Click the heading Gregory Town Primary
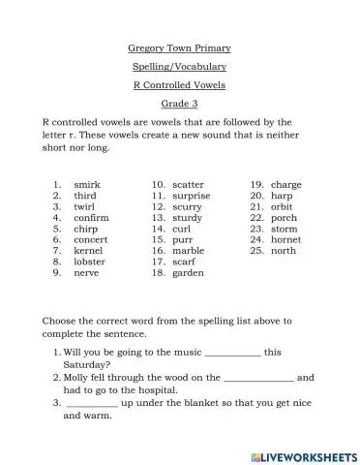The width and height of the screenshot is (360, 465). [179, 47]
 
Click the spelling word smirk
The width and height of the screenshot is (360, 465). [87, 184]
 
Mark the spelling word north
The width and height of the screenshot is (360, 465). [284, 250]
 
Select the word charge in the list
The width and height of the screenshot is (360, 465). [286, 184]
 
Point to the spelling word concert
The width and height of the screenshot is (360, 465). [91, 239]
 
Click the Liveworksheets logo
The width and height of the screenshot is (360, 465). [304, 454]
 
